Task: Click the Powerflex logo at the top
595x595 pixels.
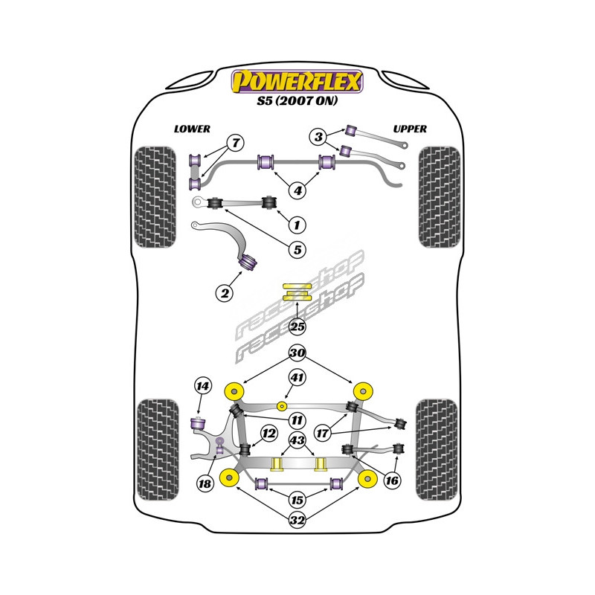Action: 297,81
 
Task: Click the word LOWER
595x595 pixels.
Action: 192,129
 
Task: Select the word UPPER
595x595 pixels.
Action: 409,129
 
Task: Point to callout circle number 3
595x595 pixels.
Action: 318,136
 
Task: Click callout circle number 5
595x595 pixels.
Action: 297,250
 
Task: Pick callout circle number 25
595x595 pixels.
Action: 297,325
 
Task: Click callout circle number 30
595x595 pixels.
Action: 297,353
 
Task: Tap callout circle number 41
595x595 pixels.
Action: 297,379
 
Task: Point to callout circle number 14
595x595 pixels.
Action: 202,385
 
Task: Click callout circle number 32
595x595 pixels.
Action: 297,521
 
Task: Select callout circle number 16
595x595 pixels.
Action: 392,481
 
